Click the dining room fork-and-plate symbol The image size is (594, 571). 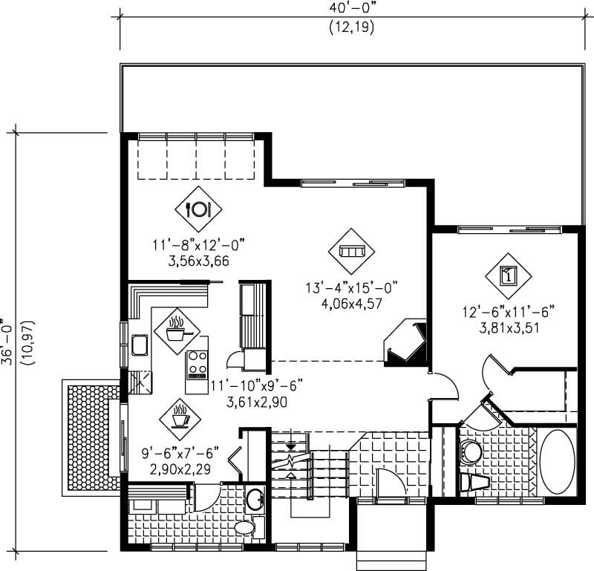(x=198, y=209)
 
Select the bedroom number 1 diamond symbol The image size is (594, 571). (x=509, y=275)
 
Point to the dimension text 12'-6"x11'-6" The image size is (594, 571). (x=509, y=310)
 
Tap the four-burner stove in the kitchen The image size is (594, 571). (x=197, y=364)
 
